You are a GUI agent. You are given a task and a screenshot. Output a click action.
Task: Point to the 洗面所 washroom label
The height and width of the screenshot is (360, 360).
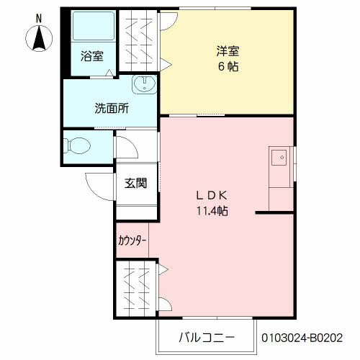(x=112, y=109)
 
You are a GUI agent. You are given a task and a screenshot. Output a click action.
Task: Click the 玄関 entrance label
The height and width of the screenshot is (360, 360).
(x=136, y=184)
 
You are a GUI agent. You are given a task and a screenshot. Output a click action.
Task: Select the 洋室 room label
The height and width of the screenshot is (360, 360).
(x=228, y=51)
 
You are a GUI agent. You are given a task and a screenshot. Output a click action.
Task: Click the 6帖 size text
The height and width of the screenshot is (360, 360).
(x=228, y=66)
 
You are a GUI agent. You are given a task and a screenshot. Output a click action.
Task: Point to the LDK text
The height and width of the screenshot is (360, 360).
(x=212, y=195)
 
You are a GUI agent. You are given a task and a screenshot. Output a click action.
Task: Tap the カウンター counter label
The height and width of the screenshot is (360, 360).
(x=132, y=240)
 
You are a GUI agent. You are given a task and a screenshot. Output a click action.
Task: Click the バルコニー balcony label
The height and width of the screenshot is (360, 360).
(x=206, y=336)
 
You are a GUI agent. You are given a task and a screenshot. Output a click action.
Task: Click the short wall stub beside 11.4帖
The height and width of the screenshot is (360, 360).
(x=273, y=212)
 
